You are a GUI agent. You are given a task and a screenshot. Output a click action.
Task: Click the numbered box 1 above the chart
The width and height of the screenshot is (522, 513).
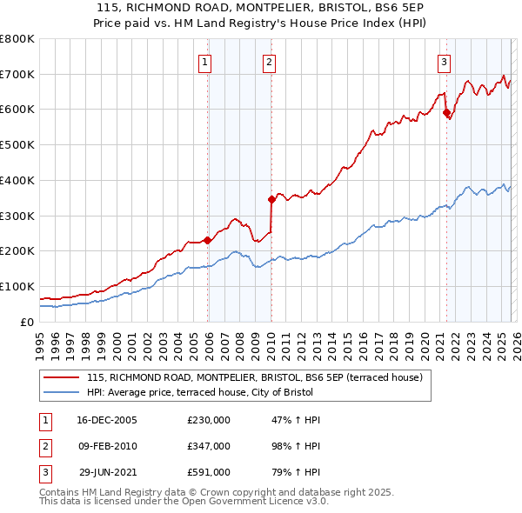(x=204, y=62)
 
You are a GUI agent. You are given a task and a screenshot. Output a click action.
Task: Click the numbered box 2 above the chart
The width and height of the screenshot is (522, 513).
(x=270, y=62)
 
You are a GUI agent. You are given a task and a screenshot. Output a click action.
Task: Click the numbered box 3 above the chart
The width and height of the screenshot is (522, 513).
(x=444, y=62)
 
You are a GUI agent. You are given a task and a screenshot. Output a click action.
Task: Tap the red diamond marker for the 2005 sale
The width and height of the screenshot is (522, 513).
(x=207, y=240)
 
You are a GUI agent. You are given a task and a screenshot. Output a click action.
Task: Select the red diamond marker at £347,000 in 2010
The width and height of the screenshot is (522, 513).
(x=271, y=199)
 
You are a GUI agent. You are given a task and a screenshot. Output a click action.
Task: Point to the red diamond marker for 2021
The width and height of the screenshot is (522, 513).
(x=446, y=112)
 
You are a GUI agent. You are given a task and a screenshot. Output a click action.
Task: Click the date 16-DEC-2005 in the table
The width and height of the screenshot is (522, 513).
(x=107, y=420)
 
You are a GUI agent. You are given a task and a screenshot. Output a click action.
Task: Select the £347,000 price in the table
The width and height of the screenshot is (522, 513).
(x=209, y=446)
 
